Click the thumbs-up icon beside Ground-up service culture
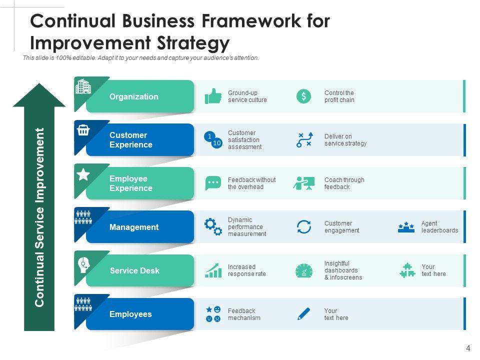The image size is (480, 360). click(213, 96)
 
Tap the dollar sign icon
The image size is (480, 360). click(303, 96)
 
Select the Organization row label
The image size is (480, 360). click(133, 96)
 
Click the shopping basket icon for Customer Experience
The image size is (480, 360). click(83, 130)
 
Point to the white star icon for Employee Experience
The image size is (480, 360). click(83, 174)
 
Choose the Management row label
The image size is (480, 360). click(133, 227)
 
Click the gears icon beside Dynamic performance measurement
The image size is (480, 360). click(213, 226)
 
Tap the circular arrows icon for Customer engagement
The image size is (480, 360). click(303, 226)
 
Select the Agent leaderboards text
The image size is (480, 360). click(439, 227)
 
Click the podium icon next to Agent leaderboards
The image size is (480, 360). click(406, 227)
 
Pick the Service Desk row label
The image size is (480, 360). click(134, 270)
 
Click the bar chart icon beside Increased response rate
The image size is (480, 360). click(213, 270)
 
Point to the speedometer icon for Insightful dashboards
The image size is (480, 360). click(303, 270)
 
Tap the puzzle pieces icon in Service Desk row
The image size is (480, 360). click(407, 270)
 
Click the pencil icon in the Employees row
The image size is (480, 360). click(303, 314)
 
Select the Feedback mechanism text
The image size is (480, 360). click(244, 314)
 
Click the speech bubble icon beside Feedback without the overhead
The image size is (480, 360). click(213, 183)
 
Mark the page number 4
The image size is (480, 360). click(468, 348)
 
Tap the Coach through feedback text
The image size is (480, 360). click(344, 183)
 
